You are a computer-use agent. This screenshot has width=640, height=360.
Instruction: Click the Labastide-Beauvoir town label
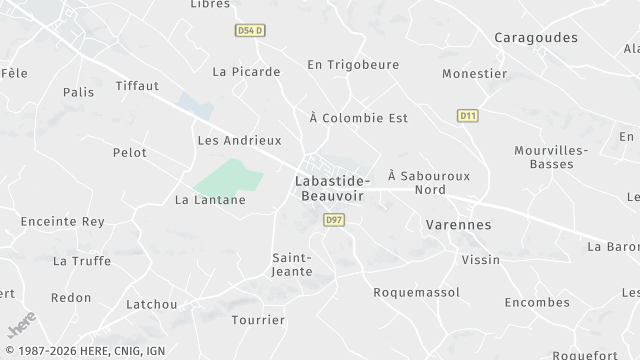[333, 188]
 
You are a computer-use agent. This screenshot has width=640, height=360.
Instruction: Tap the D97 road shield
[334, 219]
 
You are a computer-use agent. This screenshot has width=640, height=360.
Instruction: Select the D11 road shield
[467, 116]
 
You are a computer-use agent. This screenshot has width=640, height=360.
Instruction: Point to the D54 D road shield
[250, 31]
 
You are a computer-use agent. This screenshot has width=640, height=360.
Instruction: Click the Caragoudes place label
[536, 37]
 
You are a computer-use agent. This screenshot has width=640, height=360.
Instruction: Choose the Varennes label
[458, 225]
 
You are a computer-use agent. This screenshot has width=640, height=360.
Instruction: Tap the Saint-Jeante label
[293, 264]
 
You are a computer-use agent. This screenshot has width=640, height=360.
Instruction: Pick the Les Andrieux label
[240, 141]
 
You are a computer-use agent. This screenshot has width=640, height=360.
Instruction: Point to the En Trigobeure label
[353, 65]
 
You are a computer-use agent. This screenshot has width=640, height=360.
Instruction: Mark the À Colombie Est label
[359, 118]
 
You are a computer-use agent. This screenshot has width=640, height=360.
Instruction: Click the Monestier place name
[475, 73]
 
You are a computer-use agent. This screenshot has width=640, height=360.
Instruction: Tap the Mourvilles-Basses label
[551, 157]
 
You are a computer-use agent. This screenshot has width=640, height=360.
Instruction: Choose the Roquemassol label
[416, 292]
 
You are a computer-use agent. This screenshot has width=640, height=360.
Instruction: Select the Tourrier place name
[258, 321]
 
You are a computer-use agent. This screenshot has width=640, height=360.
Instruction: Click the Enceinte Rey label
[63, 221]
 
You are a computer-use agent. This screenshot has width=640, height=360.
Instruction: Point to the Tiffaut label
[137, 86]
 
